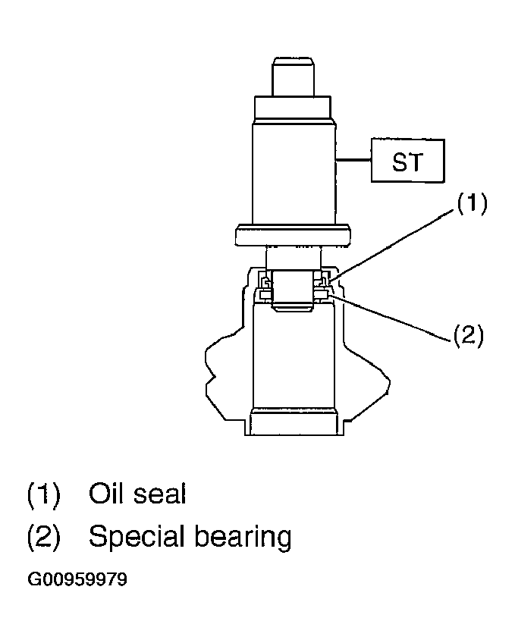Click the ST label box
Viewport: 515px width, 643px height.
click(407, 160)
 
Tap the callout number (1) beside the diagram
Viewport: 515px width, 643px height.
click(472, 203)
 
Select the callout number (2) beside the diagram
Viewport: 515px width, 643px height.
click(468, 335)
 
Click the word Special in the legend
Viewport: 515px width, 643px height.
click(137, 537)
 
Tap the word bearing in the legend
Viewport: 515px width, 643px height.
click(243, 537)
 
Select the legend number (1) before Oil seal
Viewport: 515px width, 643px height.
click(43, 494)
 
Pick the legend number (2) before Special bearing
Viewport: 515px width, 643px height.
click(43, 537)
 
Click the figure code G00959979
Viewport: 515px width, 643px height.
click(77, 579)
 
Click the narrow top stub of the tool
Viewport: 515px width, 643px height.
click(293, 77)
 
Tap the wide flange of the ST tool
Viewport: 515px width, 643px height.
click(292, 235)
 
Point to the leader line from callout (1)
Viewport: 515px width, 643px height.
click(394, 245)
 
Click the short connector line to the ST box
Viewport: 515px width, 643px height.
click(353, 159)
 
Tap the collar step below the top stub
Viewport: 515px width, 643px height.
click(293, 108)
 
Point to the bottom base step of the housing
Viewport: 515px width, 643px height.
click(294, 422)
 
